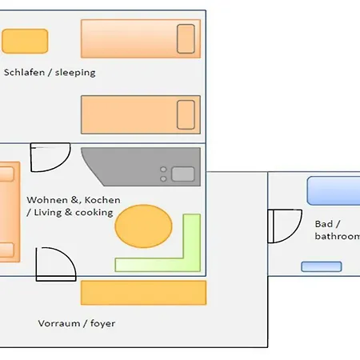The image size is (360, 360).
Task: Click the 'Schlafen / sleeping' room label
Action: pyautogui.click(x=50, y=73)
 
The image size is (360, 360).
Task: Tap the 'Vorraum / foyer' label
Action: pyautogui.click(x=77, y=323)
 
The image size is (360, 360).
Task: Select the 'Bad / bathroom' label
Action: pyautogui.click(x=338, y=230)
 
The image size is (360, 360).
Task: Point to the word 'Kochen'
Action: pyautogui.click(x=102, y=200)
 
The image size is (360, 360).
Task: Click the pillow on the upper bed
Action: pyautogui.click(x=186, y=38)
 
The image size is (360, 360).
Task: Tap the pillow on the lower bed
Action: pyautogui.click(x=186, y=114)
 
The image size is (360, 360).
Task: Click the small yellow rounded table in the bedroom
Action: pyautogui.click(x=25, y=41)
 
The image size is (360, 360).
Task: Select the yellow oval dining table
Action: pyautogui.click(x=143, y=226)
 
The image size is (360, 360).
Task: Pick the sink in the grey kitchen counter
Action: pyautogui.click(x=183, y=174)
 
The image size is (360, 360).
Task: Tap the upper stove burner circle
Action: pyautogui.click(x=163, y=170)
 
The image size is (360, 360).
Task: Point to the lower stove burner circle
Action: pyautogui.click(x=163, y=178)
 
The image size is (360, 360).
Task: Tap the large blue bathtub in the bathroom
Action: pyautogui.click(x=334, y=190)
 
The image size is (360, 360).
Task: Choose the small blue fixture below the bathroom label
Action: pyautogui.click(x=322, y=266)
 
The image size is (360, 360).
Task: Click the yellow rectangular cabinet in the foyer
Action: pyautogui.click(x=143, y=293)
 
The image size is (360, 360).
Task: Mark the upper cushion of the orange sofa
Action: pyautogui.click(x=6, y=174)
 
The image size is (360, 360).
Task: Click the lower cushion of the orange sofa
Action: pyautogui.click(x=6, y=250)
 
